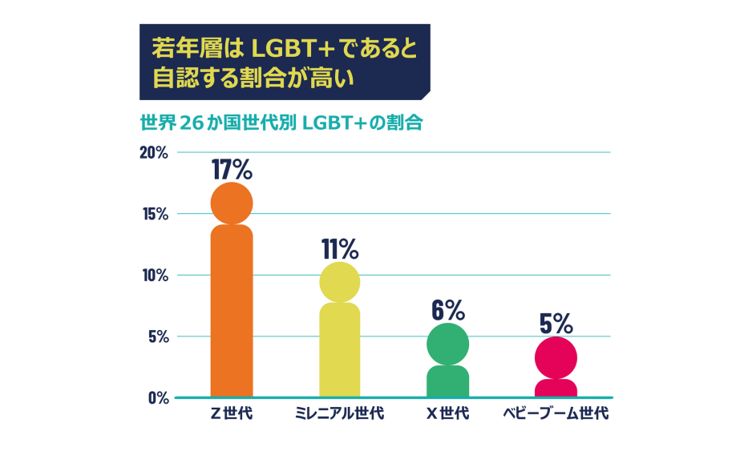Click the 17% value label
pyautogui.click(x=232, y=169)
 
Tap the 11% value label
pyautogui.click(x=340, y=249)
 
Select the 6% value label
pyautogui.click(x=447, y=309)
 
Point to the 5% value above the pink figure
pyautogui.click(x=556, y=323)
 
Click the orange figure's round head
pyautogui.click(x=232, y=203)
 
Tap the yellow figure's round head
pyautogui.click(x=340, y=282)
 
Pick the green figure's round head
pyautogui.click(x=447, y=344)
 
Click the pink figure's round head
pyautogui.click(x=556, y=357)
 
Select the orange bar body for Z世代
pyautogui.click(x=232, y=312)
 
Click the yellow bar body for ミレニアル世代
pyautogui.click(x=340, y=351)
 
